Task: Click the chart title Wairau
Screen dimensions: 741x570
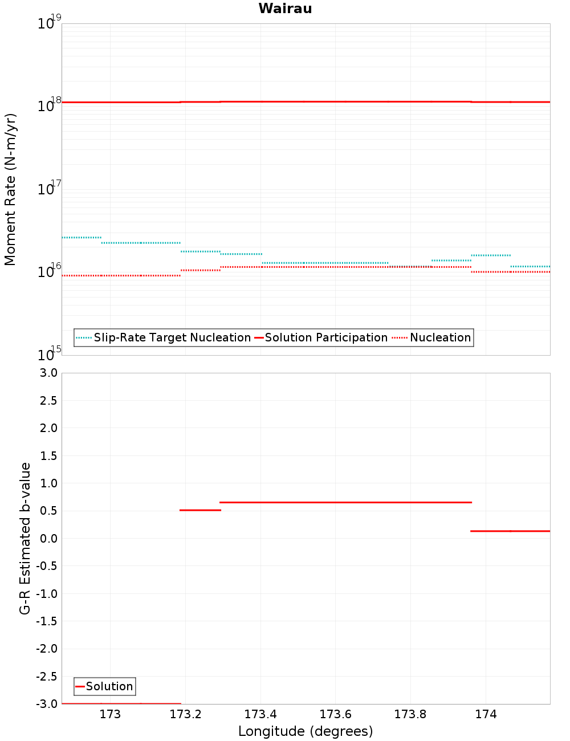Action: tap(285, 9)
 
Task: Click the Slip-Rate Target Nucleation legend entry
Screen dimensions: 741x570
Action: tap(172, 337)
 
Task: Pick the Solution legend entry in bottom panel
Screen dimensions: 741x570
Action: tap(109, 686)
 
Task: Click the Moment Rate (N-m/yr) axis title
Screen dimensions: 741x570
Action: tap(10, 189)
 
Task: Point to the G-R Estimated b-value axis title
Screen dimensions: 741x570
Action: tap(25, 538)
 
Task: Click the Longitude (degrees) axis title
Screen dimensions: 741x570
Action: tap(306, 731)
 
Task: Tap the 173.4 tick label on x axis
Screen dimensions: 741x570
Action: tap(260, 714)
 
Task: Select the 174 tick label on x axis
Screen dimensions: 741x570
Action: tap(486, 714)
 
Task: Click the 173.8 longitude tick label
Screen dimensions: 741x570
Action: tap(410, 714)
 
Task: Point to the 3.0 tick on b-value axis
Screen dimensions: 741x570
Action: tap(48, 373)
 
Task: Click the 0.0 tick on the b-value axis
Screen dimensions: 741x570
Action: tap(48, 539)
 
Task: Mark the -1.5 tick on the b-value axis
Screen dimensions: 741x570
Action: tap(46, 621)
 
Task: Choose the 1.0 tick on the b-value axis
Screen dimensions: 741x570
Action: tap(48, 483)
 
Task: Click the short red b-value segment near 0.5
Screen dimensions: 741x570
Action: tap(200, 510)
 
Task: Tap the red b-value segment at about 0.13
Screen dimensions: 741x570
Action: tap(510, 531)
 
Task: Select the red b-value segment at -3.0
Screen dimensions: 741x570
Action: tap(121, 703)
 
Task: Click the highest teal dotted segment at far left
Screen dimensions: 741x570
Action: tap(82, 237)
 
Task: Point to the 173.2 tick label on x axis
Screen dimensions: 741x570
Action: tap(185, 714)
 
